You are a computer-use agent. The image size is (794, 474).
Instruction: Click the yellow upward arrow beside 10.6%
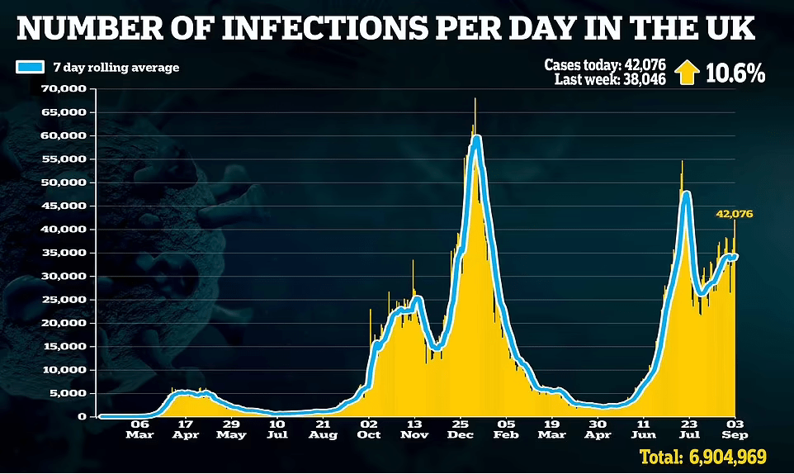(688, 73)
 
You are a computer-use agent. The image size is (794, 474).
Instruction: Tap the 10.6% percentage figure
(735, 73)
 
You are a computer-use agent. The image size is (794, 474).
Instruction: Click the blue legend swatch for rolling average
(31, 68)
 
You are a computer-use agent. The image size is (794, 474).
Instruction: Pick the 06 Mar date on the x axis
(139, 429)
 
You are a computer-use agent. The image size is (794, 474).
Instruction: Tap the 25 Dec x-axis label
(461, 429)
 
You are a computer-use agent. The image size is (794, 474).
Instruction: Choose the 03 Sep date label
(735, 429)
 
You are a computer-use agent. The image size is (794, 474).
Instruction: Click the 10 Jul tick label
(277, 429)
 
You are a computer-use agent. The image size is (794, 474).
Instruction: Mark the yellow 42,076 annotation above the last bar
(735, 214)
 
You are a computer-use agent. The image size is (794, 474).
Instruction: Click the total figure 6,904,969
(728, 457)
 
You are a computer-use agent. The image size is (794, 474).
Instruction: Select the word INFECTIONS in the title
(324, 28)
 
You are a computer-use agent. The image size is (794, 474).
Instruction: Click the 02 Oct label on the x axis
(369, 429)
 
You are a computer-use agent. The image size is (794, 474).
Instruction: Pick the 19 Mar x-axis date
(552, 429)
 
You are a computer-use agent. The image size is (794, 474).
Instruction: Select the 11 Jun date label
(643, 429)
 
